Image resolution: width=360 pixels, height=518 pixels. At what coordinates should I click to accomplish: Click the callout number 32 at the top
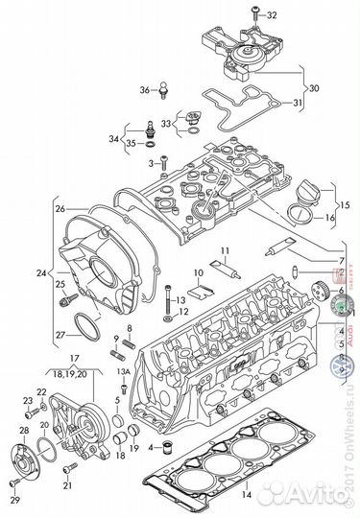(272, 16)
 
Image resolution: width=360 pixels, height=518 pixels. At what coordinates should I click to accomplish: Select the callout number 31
(298, 104)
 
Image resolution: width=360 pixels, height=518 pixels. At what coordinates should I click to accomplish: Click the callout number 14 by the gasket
(246, 496)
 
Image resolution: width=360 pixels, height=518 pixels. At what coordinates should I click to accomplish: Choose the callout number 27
(60, 335)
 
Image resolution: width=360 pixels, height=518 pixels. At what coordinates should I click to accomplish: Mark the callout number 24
(40, 273)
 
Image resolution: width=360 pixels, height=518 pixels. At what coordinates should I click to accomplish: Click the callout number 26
(60, 208)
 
